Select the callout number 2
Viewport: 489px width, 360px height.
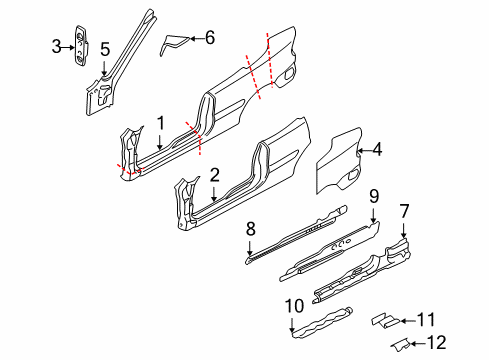point(214,174)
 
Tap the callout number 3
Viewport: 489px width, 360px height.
point(57,45)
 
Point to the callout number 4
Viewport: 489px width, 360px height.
point(377,151)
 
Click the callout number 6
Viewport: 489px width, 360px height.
point(209,38)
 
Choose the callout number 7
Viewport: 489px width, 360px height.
point(404,238)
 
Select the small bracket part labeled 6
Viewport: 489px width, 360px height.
point(176,43)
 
